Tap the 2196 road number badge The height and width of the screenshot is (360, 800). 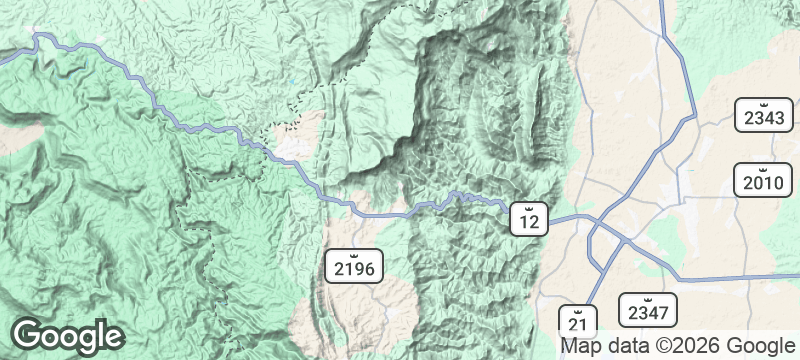click(x=353, y=266)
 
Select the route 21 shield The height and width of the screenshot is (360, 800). click(x=577, y=321)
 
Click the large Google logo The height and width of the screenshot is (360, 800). click(x=67, y=335)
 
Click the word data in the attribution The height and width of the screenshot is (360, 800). click(x=625, y=346)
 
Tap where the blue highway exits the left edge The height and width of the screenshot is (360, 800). click(x=3, y=59)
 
